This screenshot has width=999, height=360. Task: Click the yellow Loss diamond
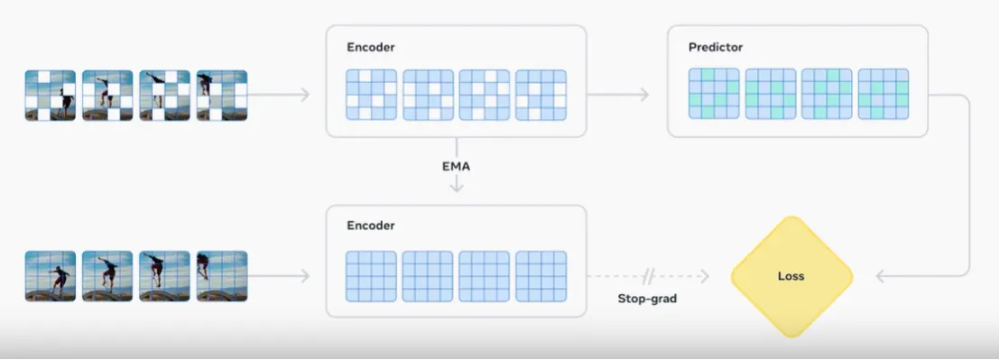pyautogui.click(x=791, y=276)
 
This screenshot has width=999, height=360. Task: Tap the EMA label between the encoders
pyautogui.click(x=456, y=167)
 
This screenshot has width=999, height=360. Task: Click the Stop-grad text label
pyautogui.click(x=647, y=298)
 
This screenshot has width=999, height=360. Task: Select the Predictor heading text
pyautogui.click(x=716, y=47)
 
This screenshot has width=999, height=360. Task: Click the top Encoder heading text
pyautogui.click(x=371, y=47)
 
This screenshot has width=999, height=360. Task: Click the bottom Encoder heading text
pyautogui.click(x=371, y=226)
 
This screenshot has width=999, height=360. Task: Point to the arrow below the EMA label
pyautogui.click(x=456, y=184)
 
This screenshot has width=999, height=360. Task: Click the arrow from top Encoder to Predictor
pyautogui.click(x=617, y=95)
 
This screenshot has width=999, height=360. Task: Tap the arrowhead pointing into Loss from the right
pyautogui.click(x=881, y=276)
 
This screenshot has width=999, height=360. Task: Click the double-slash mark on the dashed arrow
pyautogui.click(x=648, y=276)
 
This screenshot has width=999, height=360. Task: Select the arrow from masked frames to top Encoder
pyautogui.click(x=279, y=95)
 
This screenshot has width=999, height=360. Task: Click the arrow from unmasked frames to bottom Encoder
pyautogui.click(x=279, y=276)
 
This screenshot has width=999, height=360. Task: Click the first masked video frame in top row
pyautogui.click(x=51, y=96)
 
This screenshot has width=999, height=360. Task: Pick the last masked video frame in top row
pyautogui.click(x=222, y=96)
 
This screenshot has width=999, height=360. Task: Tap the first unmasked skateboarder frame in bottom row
pyautogui.click(x=51, y=276)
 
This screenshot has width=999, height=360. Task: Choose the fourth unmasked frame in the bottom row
pyautogui.click(x=222, y=276)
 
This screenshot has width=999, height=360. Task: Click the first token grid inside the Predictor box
pyautogui.click(x=714, y=94)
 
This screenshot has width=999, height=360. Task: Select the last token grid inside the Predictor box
pyautogui.click(x=883, y=94)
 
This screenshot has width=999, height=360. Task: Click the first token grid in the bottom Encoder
pyautogui.click(x=372, y=276)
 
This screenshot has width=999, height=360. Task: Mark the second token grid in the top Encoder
pyautogui.click(x=428, y=95)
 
